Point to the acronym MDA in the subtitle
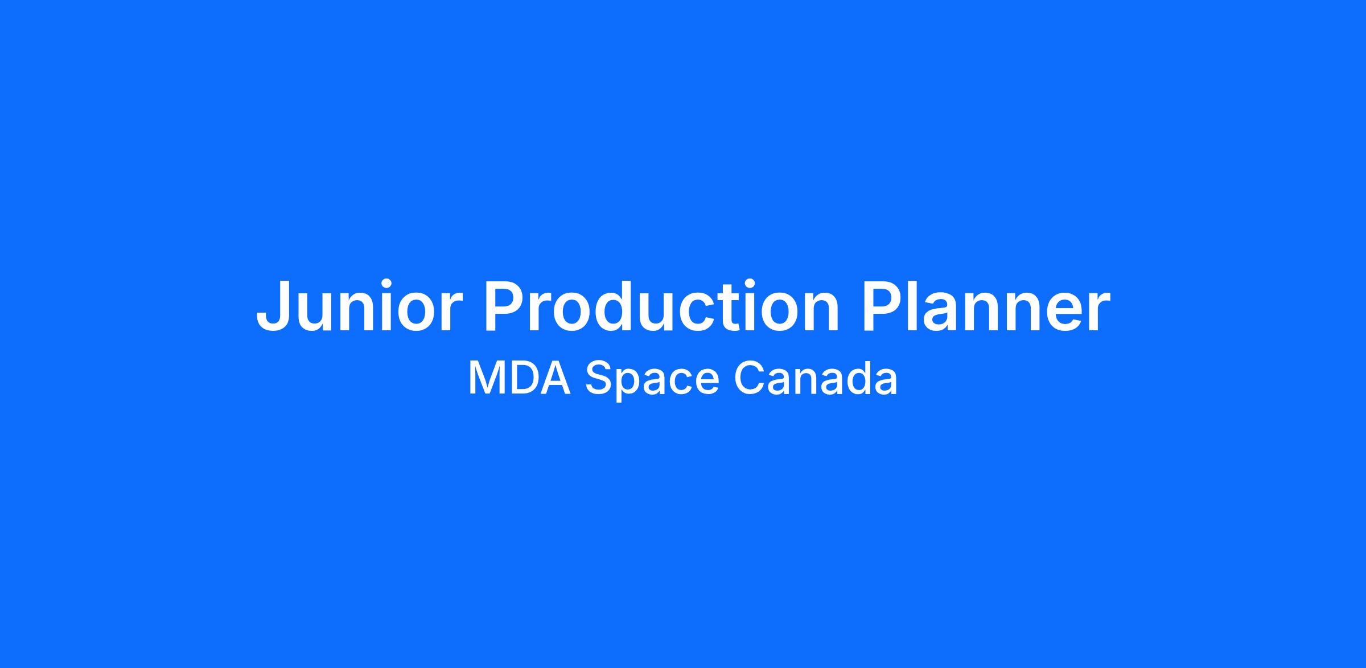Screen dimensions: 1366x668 click(519, 378)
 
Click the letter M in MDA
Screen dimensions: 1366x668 click(486, 378)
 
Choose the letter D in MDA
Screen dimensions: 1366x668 click(525, 378)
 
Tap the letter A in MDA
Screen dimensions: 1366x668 click(556, 378)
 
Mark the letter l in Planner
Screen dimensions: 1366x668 click(920, 305)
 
